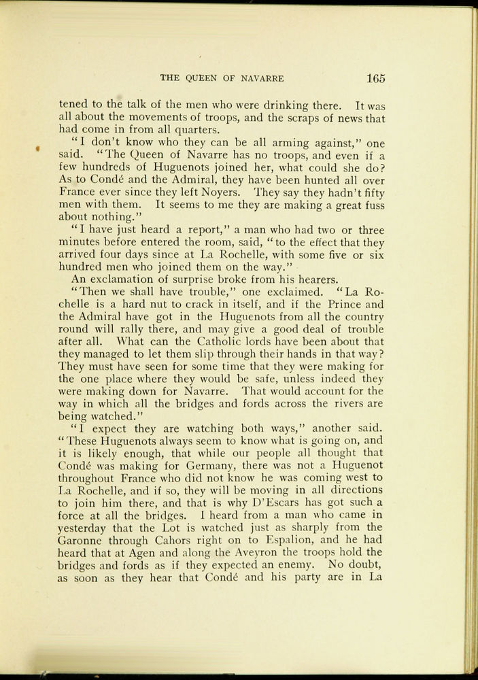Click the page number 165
click(375, 78)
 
